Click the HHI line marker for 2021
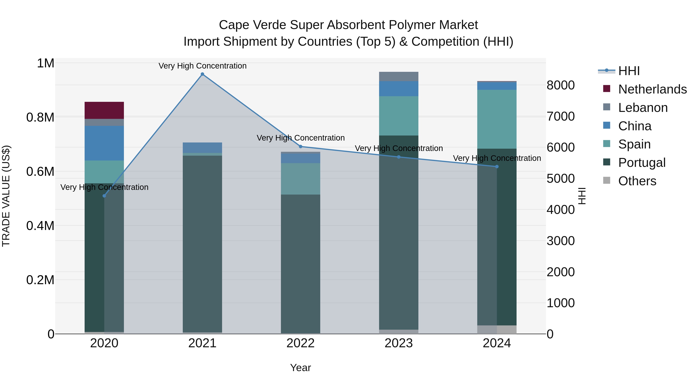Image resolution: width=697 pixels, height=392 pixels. coord(202,74)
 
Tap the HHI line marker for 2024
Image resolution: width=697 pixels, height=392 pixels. coord(497,167)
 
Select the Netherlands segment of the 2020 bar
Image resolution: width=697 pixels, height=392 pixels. coord(104,110)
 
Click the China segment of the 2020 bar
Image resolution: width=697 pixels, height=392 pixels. coord(104,143)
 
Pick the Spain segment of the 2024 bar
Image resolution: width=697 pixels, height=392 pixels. coord(497,119)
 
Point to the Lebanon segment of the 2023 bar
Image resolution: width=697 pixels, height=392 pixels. coord(399,76)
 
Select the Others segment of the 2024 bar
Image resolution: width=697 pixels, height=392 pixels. coord(497,329)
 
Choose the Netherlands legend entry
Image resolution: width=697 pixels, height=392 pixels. coord(652,89)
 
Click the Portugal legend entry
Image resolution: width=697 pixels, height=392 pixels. coord(642,163)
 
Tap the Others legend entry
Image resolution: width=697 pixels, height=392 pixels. coord(637,181)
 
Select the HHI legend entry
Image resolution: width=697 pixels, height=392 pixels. coord(629,71)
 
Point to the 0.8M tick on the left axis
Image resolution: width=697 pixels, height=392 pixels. coord(40,118)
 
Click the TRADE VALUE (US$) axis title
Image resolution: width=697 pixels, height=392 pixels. coord(6,196)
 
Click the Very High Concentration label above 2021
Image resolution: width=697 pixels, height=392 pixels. coord(202,66)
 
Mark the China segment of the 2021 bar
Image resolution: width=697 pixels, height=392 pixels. coord(202,148)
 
